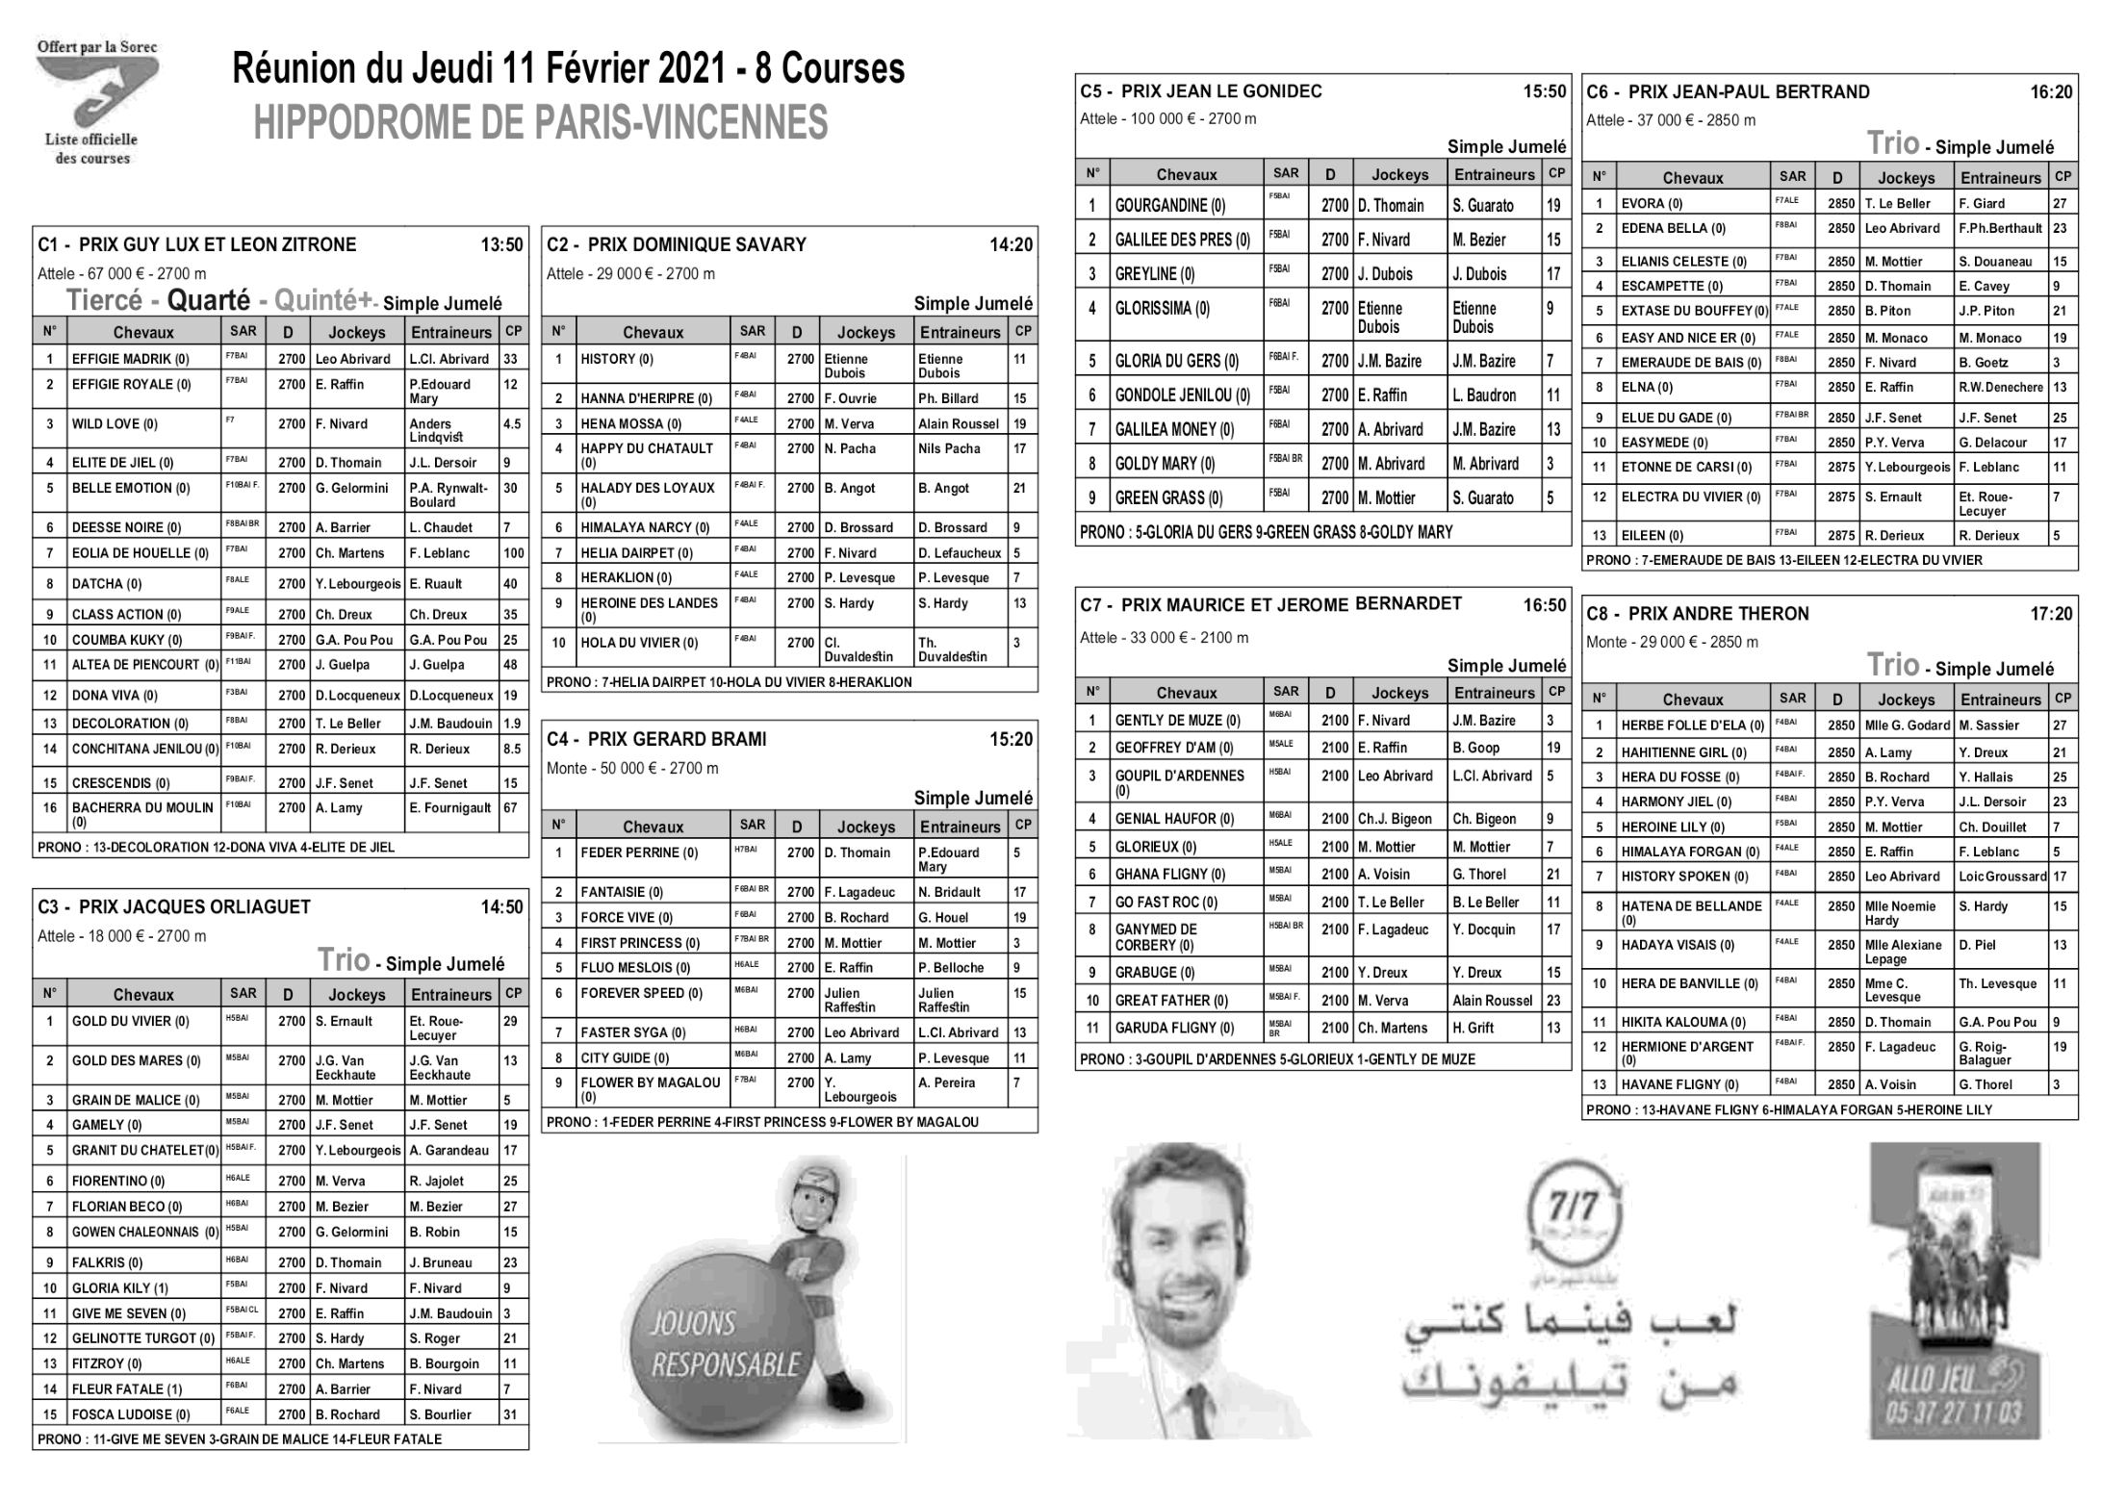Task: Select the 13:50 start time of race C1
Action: (501, 245)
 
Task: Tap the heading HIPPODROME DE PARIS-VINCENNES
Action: (540, 123)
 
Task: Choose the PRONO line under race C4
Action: (762, 1122)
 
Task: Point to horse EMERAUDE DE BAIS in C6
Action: (1690, 363)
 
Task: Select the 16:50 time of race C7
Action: (1544, 606)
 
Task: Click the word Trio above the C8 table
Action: (1892, 665)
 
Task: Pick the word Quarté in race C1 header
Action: (209, 301)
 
